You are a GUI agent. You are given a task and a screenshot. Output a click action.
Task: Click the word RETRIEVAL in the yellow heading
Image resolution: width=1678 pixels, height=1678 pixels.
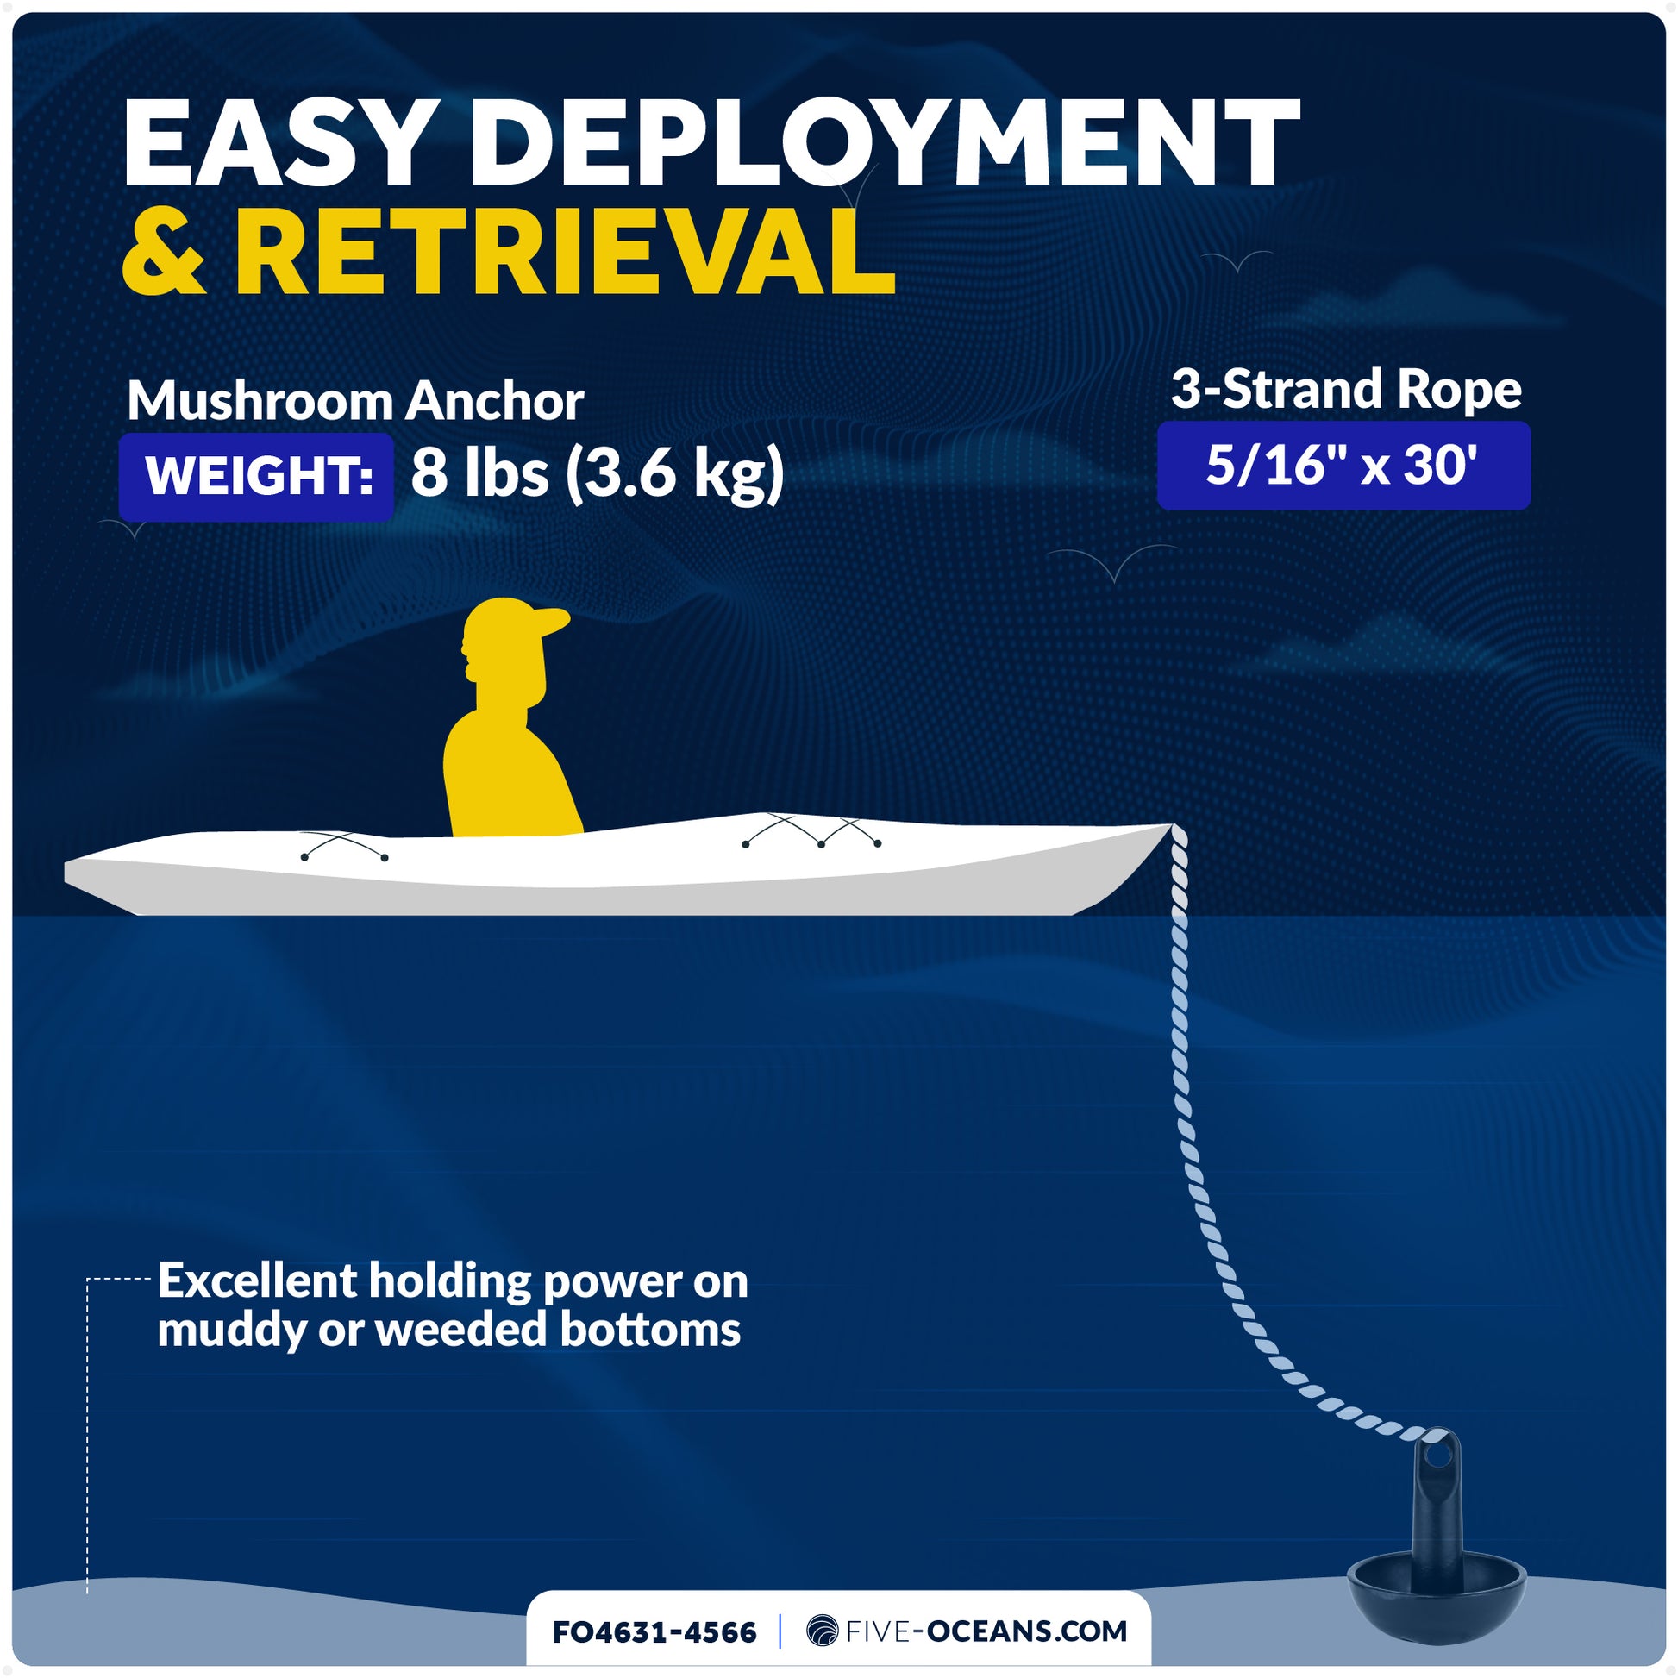(x=565, y=253)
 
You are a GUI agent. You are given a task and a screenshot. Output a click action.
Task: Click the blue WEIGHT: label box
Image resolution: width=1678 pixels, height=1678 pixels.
(x=257, y=476)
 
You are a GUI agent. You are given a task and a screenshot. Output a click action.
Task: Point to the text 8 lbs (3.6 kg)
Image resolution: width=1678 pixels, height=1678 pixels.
(x=597, y=474)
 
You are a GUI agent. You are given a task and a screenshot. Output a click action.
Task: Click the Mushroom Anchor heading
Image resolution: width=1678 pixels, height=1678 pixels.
(x=355, y=401)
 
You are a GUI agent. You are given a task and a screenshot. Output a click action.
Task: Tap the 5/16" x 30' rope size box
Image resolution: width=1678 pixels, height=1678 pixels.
(x=1343, y=466)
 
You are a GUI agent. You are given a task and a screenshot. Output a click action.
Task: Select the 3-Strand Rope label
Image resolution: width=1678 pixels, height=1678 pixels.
(x=1346, y=389)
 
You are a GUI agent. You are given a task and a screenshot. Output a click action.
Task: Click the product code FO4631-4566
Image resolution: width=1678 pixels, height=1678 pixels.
(x=654, y=1632)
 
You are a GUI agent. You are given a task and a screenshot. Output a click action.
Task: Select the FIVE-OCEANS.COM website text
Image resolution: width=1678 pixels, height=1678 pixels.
(x=986, y=1631)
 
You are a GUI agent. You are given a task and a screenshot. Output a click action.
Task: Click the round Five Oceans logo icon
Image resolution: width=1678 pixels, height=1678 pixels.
(x=822, y=1631)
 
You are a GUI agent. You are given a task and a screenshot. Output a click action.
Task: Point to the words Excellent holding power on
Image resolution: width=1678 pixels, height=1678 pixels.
(x=453, y=1281)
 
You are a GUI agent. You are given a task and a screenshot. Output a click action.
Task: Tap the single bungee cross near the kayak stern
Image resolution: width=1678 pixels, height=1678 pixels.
(x=345, y=845)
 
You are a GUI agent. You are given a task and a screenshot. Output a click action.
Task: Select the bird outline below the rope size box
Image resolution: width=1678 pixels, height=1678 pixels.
(x=1113, y=562)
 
